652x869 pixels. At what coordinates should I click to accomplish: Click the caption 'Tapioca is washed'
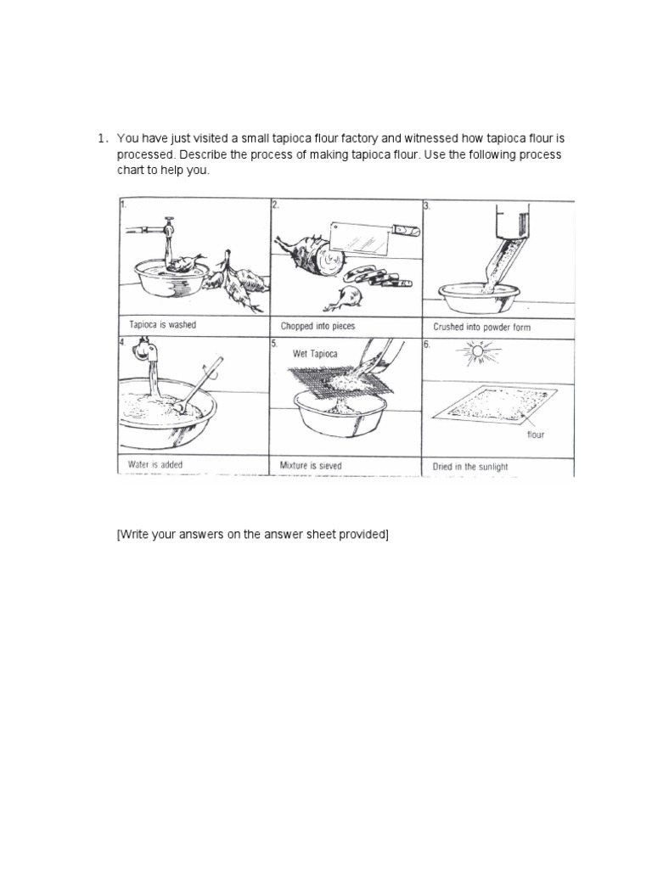(x=162, y=325)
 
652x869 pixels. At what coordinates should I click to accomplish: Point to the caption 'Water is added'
(x=155, y=465)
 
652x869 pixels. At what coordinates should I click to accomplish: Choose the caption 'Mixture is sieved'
(x=312, y=465)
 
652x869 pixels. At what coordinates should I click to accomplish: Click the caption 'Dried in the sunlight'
(x=470, y=466)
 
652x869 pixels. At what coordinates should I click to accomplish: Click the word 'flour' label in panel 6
(x=535, y=435)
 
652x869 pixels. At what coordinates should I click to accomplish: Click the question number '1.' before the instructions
(x=101, y=138)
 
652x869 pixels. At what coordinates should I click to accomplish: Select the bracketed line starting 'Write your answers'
(x=252, y=534)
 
